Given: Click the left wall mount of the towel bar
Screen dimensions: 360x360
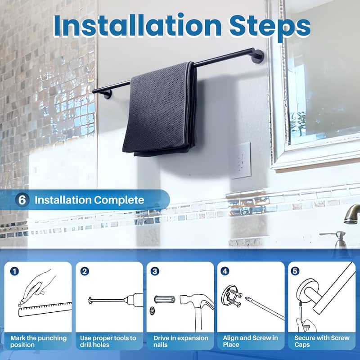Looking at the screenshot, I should (107, 94).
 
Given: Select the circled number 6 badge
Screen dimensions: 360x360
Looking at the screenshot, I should (22, 200).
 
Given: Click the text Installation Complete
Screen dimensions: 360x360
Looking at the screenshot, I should (89, 200).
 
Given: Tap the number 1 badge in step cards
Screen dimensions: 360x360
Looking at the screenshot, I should (15, 271).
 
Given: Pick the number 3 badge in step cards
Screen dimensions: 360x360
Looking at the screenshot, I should (155, 271).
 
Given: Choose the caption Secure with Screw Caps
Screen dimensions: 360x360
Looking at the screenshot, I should (322, 341).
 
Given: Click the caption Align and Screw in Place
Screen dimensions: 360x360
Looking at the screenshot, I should (250, 341).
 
